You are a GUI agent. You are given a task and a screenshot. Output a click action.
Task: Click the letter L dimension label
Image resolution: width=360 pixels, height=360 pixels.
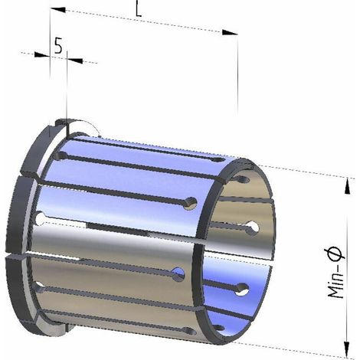138,11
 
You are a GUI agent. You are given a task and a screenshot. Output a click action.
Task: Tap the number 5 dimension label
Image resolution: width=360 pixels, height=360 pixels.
58,46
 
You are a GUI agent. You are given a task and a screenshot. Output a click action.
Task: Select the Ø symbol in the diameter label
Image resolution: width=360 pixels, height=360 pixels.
336,251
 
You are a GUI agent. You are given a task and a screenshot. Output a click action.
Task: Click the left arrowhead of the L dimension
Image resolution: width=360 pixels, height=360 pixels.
57,9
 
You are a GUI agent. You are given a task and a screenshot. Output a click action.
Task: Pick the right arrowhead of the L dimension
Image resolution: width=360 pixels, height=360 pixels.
230,32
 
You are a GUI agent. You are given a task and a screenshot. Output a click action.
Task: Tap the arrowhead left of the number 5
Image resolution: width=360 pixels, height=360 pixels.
41,55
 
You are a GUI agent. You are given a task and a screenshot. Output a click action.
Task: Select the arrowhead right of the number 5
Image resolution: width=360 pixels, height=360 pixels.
75,61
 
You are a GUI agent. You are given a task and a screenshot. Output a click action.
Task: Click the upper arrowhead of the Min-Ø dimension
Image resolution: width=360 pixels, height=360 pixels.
347,187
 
